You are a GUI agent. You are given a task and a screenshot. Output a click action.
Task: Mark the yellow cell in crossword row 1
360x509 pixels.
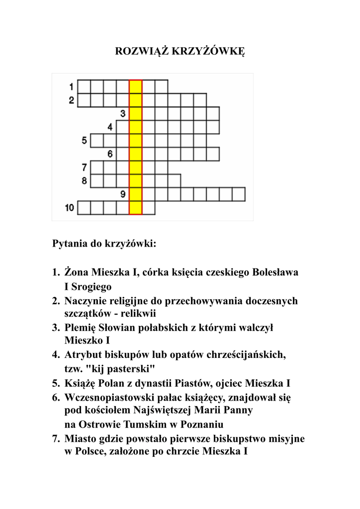(x=136, y=86)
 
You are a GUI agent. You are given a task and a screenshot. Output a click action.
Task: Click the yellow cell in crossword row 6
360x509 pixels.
(x=136, y=154)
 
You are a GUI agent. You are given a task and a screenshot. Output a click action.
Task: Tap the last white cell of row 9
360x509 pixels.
(x=239, y=194)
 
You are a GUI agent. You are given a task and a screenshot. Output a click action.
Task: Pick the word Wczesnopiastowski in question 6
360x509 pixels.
(x=107, y=398)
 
